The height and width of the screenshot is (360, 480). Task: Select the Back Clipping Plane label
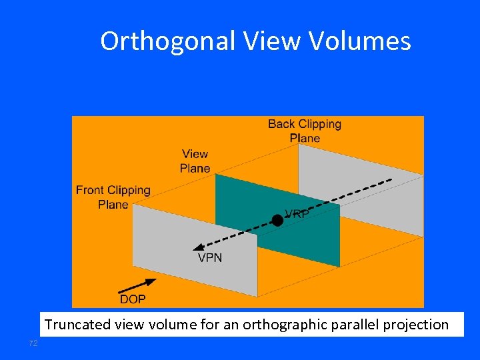[305, 131]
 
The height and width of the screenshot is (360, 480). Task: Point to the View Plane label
[195, 161]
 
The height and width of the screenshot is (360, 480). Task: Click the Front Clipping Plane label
[113, 197]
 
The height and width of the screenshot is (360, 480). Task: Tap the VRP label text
[297, 214]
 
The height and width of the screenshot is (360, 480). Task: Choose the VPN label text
[210, 257]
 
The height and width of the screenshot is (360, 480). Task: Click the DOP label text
[133, 299]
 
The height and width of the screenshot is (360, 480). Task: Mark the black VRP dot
[277, 220]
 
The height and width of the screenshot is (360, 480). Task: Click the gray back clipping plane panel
[373, 193]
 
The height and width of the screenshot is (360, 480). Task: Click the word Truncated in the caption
[73, 325]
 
